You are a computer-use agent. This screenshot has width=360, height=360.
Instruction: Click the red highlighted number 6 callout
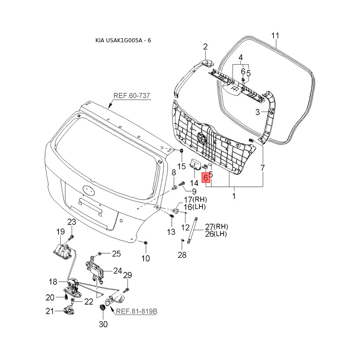click(206, 177)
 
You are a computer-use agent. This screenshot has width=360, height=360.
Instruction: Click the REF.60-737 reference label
click(131, 95)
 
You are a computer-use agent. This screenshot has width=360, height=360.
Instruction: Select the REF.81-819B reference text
click(137, 311)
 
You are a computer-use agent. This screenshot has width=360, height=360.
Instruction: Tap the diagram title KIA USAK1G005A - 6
click(123, 40)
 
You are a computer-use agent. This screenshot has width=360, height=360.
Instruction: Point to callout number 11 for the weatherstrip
click(275, 36)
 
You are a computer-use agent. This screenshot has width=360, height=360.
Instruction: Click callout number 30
click(103, 324)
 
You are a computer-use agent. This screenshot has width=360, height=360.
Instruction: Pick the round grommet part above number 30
click(102, 308)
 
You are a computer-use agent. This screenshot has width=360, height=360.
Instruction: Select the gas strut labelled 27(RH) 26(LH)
click(193, 230)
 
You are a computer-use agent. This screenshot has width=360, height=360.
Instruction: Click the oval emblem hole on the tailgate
click(88, 190)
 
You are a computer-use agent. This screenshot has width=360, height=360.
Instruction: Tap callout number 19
click(61, 232)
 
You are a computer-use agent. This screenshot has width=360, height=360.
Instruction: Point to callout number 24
click(117, 271)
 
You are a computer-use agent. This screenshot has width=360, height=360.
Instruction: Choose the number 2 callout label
click(205, 47)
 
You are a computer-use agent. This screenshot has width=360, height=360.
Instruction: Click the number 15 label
click(181, 166)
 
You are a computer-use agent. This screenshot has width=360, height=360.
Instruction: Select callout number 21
click(49, 311)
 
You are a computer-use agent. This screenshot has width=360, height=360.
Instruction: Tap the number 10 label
click(145, 258)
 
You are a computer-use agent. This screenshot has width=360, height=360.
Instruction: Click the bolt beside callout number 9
click(182, 184)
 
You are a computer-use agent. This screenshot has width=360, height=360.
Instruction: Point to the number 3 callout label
click(257, 112)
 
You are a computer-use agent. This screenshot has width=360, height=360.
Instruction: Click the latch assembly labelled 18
click(73, 287)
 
